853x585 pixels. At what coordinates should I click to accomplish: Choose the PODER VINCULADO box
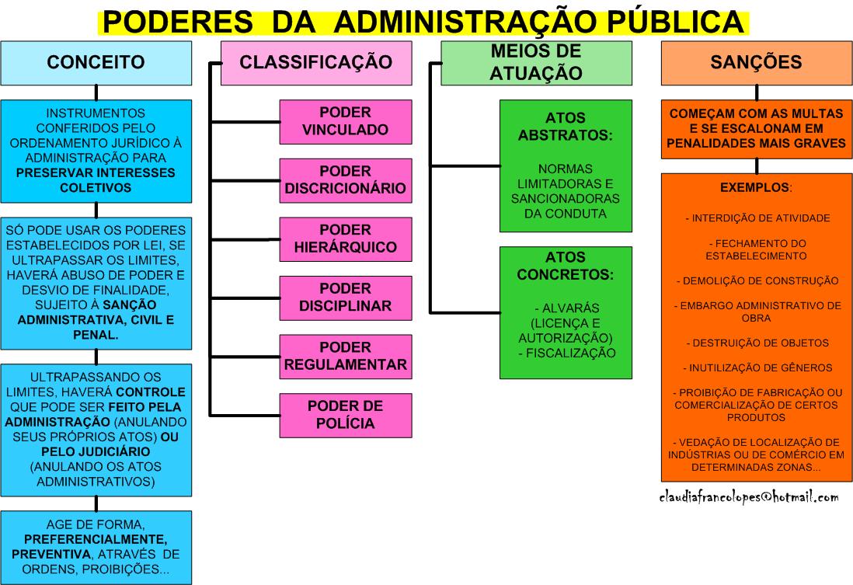pyautogui.click(x=346, y=121)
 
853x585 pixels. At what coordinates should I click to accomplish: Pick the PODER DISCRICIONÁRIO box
pyautogui.click(x=346, y=179)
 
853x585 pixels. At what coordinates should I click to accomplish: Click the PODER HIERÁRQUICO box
pyautogui.click(x=346, y=239)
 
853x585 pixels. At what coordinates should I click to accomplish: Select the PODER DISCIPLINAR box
pyautogui.click(x=346, y=297)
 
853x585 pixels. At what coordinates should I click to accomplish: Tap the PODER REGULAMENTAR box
pyautogui.click(x=346, y=356)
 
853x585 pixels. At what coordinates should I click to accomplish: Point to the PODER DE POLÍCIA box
pyautogui.click(x=346, y=415)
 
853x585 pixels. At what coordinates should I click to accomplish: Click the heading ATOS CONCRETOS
pyautogui.click(x=566, y=265)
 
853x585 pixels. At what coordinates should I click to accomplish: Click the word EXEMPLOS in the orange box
pyautogui.click(x=750, y=187)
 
